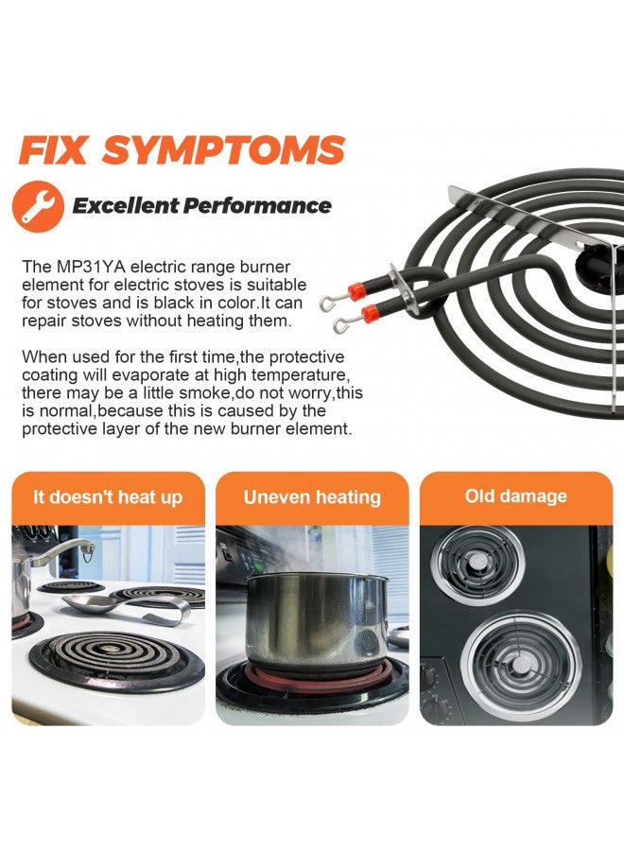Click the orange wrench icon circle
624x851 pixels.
click(38, 206)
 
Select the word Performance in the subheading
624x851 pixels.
click(256, 206)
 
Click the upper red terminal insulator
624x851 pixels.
click(357, 291)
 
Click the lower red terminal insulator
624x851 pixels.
click(370, 313)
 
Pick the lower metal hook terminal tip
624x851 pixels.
click(340, 325)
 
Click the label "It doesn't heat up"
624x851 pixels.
click(108, 497)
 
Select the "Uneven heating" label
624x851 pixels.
click(312, 497)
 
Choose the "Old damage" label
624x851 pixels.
click(516, 496)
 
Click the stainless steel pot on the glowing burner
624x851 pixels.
click(317, 618)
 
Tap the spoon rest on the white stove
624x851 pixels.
click(128, 607)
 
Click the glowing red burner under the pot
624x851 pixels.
click(319, 677)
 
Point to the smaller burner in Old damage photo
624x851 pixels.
click(477, 564)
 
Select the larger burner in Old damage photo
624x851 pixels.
click(522, 666)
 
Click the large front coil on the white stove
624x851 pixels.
click(116, 660)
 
